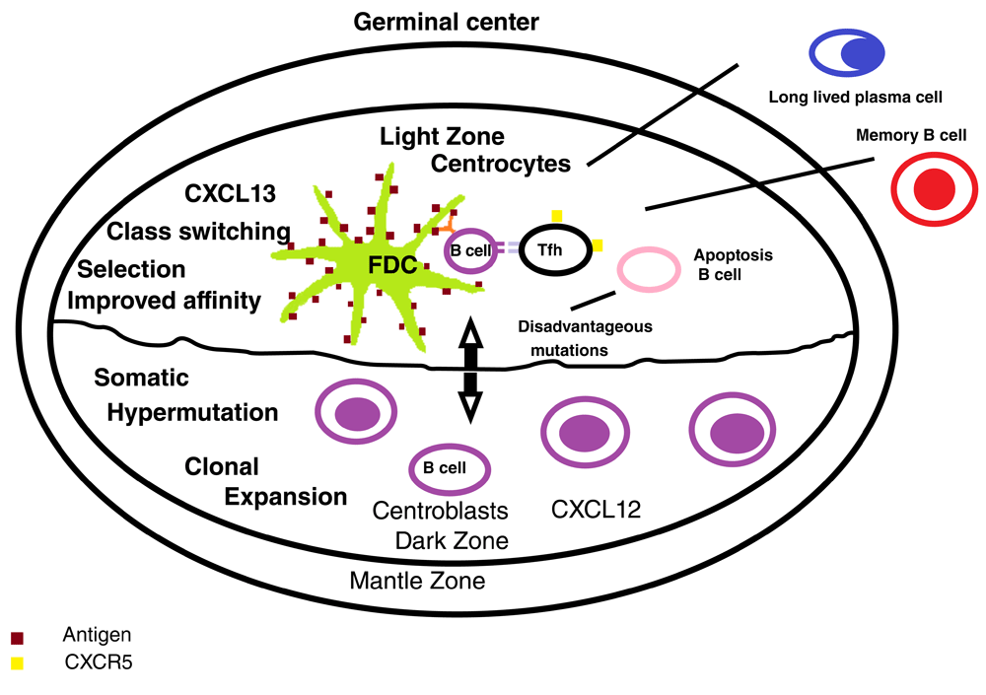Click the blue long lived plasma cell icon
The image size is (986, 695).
pos(852,52)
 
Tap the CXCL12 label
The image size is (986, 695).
pos(596,510)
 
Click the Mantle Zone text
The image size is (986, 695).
pos(417,581)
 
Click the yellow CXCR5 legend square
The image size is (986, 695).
pos(17,663)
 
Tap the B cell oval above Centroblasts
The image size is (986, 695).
pos(451,467)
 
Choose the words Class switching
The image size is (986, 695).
pos(199,232)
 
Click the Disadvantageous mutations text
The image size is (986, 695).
pos(585,337)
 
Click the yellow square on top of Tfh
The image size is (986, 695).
pos(556,216)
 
